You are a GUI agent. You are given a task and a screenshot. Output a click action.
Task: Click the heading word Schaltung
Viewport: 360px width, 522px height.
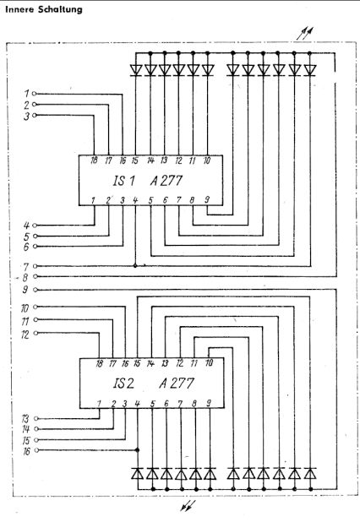[x=60, y=9]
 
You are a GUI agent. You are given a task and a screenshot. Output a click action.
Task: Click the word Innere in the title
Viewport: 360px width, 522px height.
[x=19, y=9]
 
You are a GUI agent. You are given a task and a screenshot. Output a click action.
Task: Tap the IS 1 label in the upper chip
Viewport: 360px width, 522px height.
[x=124, y=181]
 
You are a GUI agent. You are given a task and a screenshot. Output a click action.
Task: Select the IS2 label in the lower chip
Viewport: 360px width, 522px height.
[x=123, y=383]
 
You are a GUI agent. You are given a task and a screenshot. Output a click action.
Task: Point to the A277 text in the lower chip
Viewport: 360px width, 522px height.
[x=176, y=383]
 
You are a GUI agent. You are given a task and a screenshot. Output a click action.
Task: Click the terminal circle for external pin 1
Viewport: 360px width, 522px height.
[x=34, y=94]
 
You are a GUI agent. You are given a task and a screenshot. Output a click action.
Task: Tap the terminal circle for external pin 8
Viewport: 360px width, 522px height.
[x=35, y=276]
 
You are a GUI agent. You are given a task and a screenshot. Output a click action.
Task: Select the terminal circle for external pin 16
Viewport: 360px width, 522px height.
[x=36, y=450]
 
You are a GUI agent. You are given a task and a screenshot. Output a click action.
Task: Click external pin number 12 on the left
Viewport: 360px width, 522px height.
[x=25, y=334]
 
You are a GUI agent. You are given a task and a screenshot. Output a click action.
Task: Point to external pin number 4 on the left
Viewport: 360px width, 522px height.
[x=26, y=226]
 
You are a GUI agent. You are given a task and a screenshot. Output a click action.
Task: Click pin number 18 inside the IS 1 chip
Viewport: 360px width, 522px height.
[x=94, y=160]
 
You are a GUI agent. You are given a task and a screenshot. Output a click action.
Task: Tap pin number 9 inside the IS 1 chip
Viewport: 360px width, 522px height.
[x=207, y=199]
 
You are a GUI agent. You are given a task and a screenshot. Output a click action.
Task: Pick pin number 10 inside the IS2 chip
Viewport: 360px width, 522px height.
[x=209, y=362]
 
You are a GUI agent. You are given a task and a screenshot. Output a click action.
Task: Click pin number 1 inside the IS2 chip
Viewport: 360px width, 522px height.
[x=99, y=404]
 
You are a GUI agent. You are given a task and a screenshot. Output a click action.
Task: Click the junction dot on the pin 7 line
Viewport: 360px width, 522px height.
[x=135, y=266]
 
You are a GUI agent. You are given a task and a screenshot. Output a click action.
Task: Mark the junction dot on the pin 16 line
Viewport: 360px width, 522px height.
[x=137, y=450]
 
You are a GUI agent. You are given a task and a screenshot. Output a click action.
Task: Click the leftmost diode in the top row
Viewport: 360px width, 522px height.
[x=136, y=70]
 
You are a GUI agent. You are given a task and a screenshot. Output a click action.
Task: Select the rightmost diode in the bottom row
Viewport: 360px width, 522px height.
[x=310, y=474]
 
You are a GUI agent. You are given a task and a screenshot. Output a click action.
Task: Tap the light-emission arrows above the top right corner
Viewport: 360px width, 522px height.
[x=305, y=34]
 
